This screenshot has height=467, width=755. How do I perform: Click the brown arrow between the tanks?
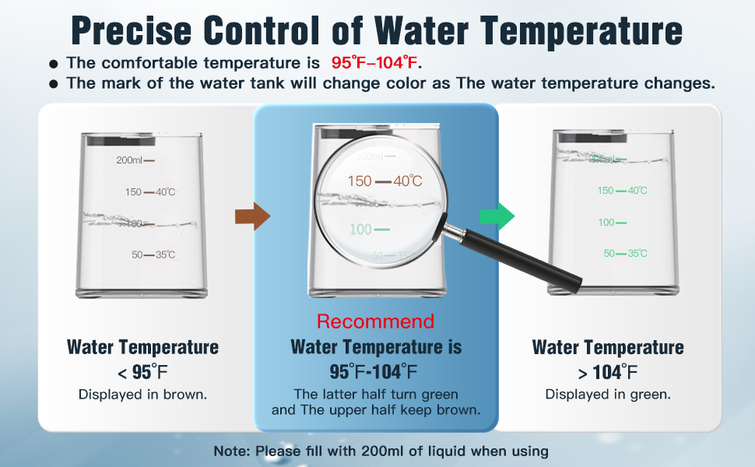(252, 216)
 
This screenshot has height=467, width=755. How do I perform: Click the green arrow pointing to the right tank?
(497, 216)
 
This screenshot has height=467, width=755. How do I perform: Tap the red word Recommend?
(376, 321)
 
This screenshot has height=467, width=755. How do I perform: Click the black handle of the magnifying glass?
(520, 260)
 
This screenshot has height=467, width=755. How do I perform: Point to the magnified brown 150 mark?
(360, 181)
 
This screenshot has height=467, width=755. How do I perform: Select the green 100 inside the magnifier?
(360, 229)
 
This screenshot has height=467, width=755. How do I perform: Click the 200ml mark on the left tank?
(129, 160)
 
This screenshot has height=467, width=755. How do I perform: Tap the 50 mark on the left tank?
(137, 255)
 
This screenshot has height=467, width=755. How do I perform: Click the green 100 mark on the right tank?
(606, 223)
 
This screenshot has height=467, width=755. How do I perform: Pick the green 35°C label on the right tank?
(637, 253)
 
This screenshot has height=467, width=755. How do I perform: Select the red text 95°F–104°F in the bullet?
(374, 62)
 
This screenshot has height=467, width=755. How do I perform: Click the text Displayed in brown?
(142, 395)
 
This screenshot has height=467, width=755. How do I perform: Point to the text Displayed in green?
(608, 395)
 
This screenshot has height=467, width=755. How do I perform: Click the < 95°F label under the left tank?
(142, 372)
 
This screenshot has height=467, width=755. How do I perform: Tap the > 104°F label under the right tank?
(608, 372)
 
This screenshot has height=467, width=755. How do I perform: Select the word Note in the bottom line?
(230, 451)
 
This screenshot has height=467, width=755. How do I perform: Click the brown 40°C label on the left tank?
(165, 192)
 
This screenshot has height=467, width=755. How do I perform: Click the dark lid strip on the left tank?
(121, 141)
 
